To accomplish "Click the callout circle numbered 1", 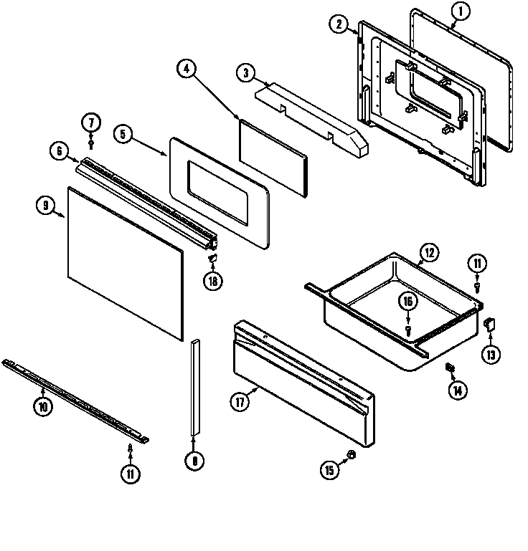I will click(x=461, y=11).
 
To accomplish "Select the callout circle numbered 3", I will click(x=246, y=72).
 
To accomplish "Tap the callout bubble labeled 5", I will click(x=123, y=134).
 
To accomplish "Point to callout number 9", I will click(x=45, y=206).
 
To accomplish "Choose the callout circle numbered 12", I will click(x=428, y=251).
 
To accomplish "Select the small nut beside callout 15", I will click(x=351, y=456).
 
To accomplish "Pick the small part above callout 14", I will click(x=451, y=368).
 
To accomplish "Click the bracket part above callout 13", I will click(x=491, y=324).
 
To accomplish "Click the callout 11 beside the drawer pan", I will click(x=477, y=263).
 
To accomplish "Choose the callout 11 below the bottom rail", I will click(x=130, y=474).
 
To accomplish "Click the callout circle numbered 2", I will click(x=339, y=24).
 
